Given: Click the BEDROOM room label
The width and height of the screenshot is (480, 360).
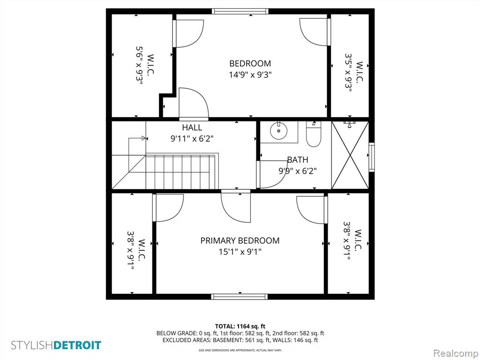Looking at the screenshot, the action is coord(250,63).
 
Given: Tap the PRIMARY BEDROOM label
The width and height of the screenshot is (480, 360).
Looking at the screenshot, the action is coord(240,240).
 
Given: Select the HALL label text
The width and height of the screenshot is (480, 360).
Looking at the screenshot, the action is coord(192,127).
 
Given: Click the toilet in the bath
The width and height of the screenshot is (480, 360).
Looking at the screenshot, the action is coord(314,134).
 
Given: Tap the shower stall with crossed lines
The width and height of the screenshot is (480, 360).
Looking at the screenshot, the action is coord(350,155).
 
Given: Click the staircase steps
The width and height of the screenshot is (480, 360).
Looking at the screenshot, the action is coord(180,172).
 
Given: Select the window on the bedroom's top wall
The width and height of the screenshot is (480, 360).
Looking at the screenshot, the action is coord(240,11).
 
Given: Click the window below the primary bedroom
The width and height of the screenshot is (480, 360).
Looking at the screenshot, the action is coord(240,297).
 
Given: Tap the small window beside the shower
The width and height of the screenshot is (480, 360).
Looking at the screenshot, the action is coord(371,157).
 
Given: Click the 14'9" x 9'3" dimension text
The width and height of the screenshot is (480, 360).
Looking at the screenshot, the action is coord(250,75).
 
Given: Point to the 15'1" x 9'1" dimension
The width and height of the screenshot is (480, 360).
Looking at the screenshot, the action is coord(240,252).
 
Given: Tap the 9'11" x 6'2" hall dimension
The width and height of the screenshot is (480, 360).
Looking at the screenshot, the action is coord(192,139).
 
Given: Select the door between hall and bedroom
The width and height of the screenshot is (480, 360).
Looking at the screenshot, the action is coord(194,104).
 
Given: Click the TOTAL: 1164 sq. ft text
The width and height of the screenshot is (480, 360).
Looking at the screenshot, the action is coord(240,326).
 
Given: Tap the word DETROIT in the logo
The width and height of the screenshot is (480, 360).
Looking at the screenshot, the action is coord(77,345).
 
